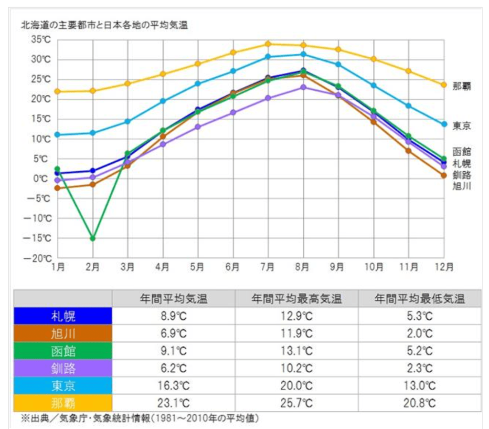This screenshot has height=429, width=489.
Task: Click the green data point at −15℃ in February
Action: click(93, 238)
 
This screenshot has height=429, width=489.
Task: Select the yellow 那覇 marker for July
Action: click(268, 44)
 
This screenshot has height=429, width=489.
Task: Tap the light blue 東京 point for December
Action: click(444, 124)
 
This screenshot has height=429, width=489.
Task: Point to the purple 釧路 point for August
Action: click(303, 87)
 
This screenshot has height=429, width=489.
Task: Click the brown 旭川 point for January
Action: click(57, 188)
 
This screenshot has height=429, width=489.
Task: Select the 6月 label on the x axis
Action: click(233, 267)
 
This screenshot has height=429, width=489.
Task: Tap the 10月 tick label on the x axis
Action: click(373, 267)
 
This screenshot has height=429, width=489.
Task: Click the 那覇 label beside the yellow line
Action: click(462, 86)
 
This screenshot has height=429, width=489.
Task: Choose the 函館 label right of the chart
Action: click(462, 152)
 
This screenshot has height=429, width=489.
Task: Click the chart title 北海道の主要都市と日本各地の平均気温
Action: click(104, 25)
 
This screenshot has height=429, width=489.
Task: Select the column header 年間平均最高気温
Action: click(297, 299)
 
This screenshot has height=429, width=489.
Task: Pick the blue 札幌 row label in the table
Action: click(63, 316)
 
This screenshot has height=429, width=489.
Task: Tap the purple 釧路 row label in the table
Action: click(63, 368)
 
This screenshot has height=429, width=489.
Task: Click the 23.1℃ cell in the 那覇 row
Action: click(173, 403)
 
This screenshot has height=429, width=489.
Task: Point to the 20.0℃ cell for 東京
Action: click(297, 386)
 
